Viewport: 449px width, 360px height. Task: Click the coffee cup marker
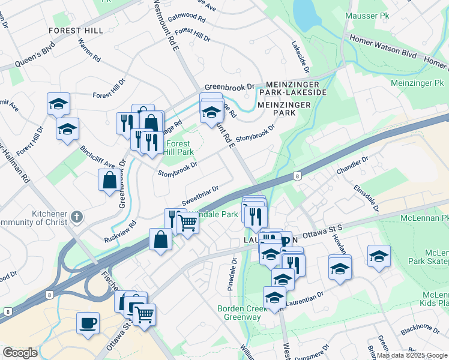pyautogui.click(x=88, y=322)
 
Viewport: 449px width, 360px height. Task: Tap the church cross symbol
pyautogui.click(x=76, y=216)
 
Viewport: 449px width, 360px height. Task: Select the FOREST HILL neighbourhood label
pyautogui.click(x=76, y=30)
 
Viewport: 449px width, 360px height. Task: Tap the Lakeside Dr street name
pyautogui.click(x=300, y=58)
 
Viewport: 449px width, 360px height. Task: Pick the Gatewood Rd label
pyautogui.click(x=187, y=17)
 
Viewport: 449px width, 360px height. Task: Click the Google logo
pyautogui.click(x=20, y=353)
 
